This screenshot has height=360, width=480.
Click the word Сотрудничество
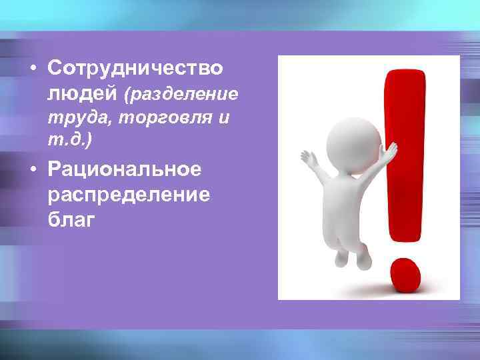click(x=135, y=69)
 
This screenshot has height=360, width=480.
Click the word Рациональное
click(x=124, y=169)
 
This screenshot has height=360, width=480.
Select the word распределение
click(x=129, y=195)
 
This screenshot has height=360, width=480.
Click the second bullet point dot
click(x=32, y=170)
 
